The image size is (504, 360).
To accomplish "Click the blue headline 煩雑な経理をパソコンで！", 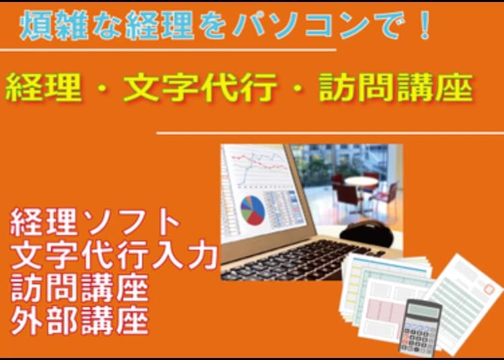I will [x=225, y=26].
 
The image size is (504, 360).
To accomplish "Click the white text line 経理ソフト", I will [x=95, y=222].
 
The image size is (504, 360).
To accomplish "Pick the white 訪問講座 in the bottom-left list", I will [x=79, y=289].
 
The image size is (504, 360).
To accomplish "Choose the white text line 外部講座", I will [x=79, y=322].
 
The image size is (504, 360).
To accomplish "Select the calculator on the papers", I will [x=419, y=326].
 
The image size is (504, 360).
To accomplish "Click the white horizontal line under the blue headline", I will [x=168, y=50].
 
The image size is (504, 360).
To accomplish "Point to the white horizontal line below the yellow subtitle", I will [x=329, y=133].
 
